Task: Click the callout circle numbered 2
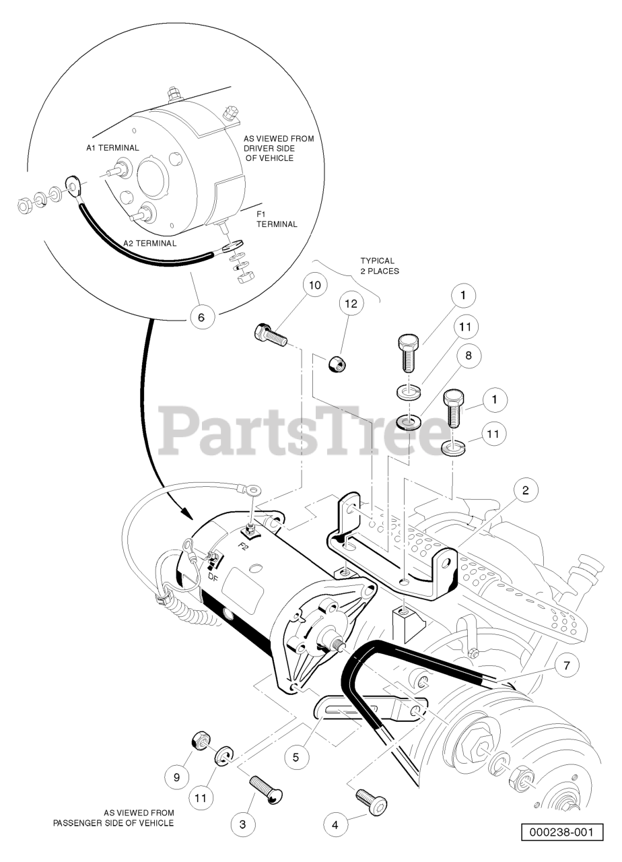(526, 491)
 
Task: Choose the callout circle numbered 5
(296, 756)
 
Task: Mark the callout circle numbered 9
(177, 776)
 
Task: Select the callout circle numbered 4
(336, 822)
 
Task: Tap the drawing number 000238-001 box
(561, 832)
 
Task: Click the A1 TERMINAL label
(112, 147)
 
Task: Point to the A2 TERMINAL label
(149, 243)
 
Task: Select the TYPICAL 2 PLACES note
(380, 265)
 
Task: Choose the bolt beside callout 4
(371, 801)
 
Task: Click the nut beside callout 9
(199, 742)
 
